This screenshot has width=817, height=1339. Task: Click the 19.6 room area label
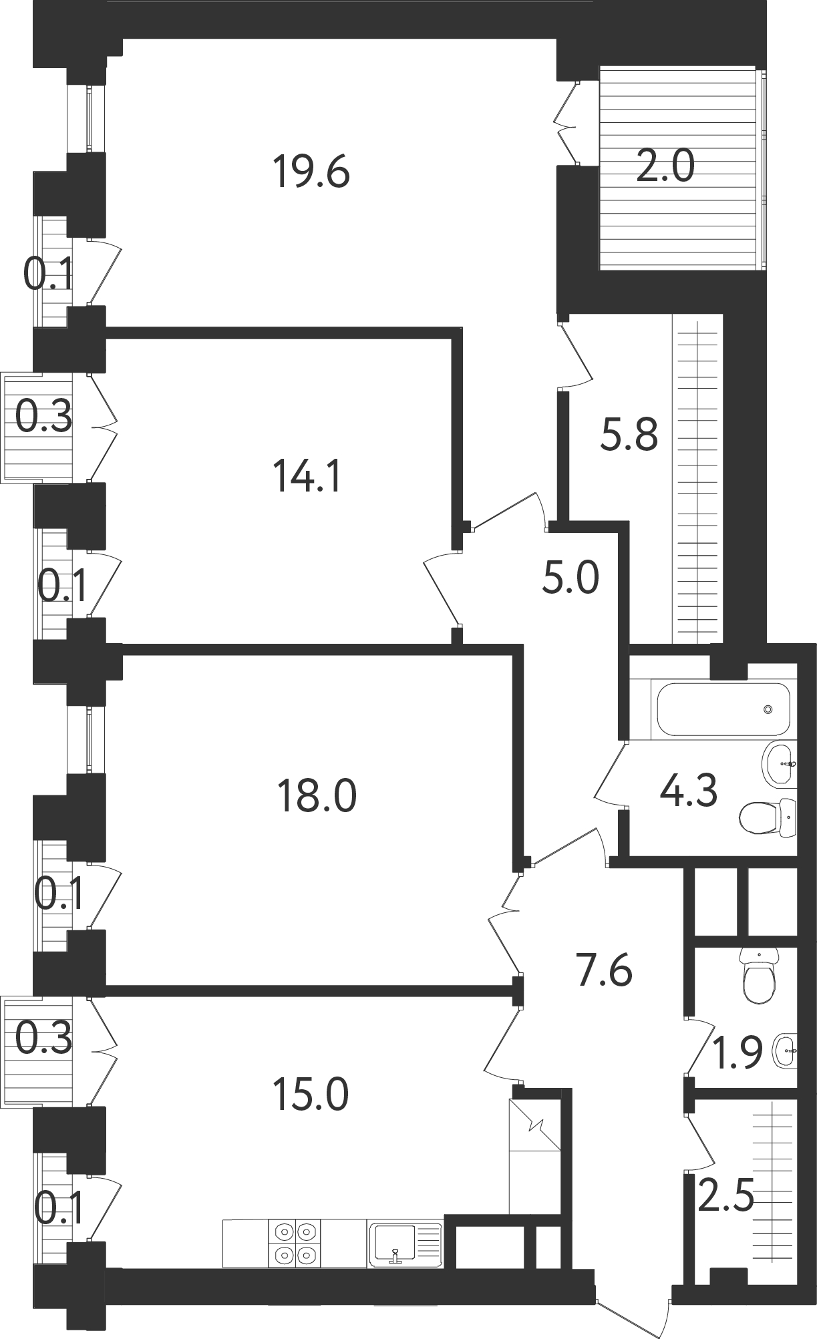click(311, 172)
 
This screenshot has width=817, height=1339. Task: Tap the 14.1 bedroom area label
click(307, 477)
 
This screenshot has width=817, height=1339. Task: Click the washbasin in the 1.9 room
click(785, 1050)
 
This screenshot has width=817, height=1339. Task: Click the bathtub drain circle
click(768, 709)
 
